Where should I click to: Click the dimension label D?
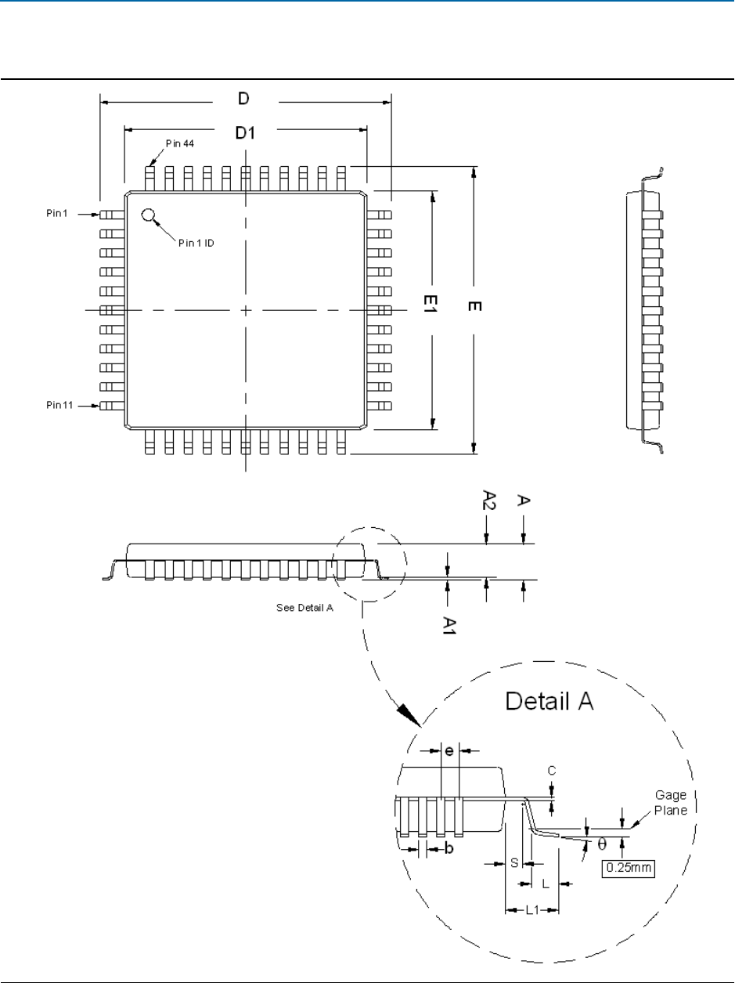(x=243, y=99)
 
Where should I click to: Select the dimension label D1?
(x=246, y=133)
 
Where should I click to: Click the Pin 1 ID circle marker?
(x=147, y=215)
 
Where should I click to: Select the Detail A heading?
(x=549, y=699)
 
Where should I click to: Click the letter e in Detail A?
(x=449, y=750)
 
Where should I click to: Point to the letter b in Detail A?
(x=449, y=850)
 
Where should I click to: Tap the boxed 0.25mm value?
(x=627, y=868)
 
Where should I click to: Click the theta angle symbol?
(x=601, y=845)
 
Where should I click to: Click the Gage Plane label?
(x=671, y=803)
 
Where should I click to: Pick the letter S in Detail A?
(x=514, y=862)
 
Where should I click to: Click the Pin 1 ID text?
(x=196, y=243)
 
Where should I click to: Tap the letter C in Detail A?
(x=552, y=771)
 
